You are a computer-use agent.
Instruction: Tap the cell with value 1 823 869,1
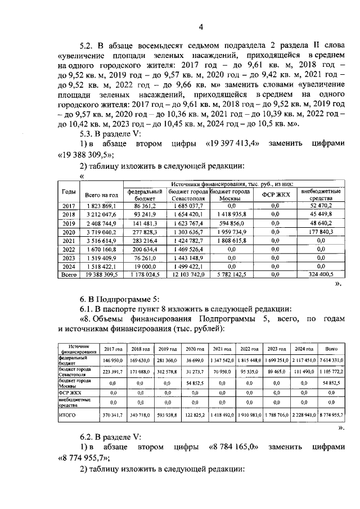tap(100, 206)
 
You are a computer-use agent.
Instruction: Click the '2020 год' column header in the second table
tap(195, 349)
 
